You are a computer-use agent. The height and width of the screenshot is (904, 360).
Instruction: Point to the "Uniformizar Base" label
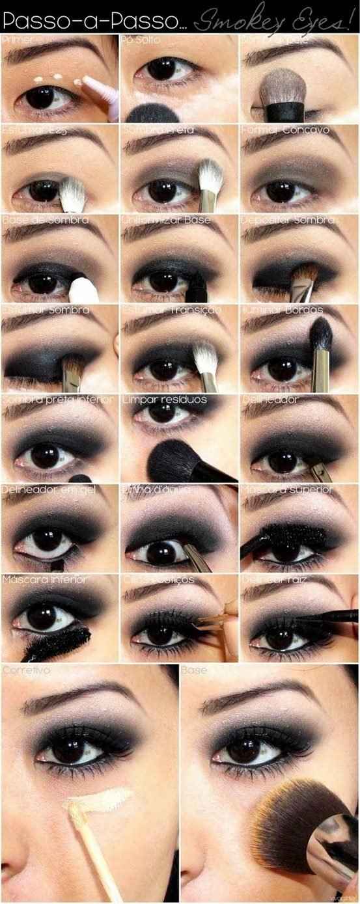(166, 220)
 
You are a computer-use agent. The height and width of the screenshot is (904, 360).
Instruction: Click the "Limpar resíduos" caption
(164, 398)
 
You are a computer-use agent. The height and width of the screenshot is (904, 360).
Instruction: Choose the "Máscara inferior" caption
(44, 579)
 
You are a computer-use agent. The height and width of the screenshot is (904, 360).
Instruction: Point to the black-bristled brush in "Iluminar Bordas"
(322, 338)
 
